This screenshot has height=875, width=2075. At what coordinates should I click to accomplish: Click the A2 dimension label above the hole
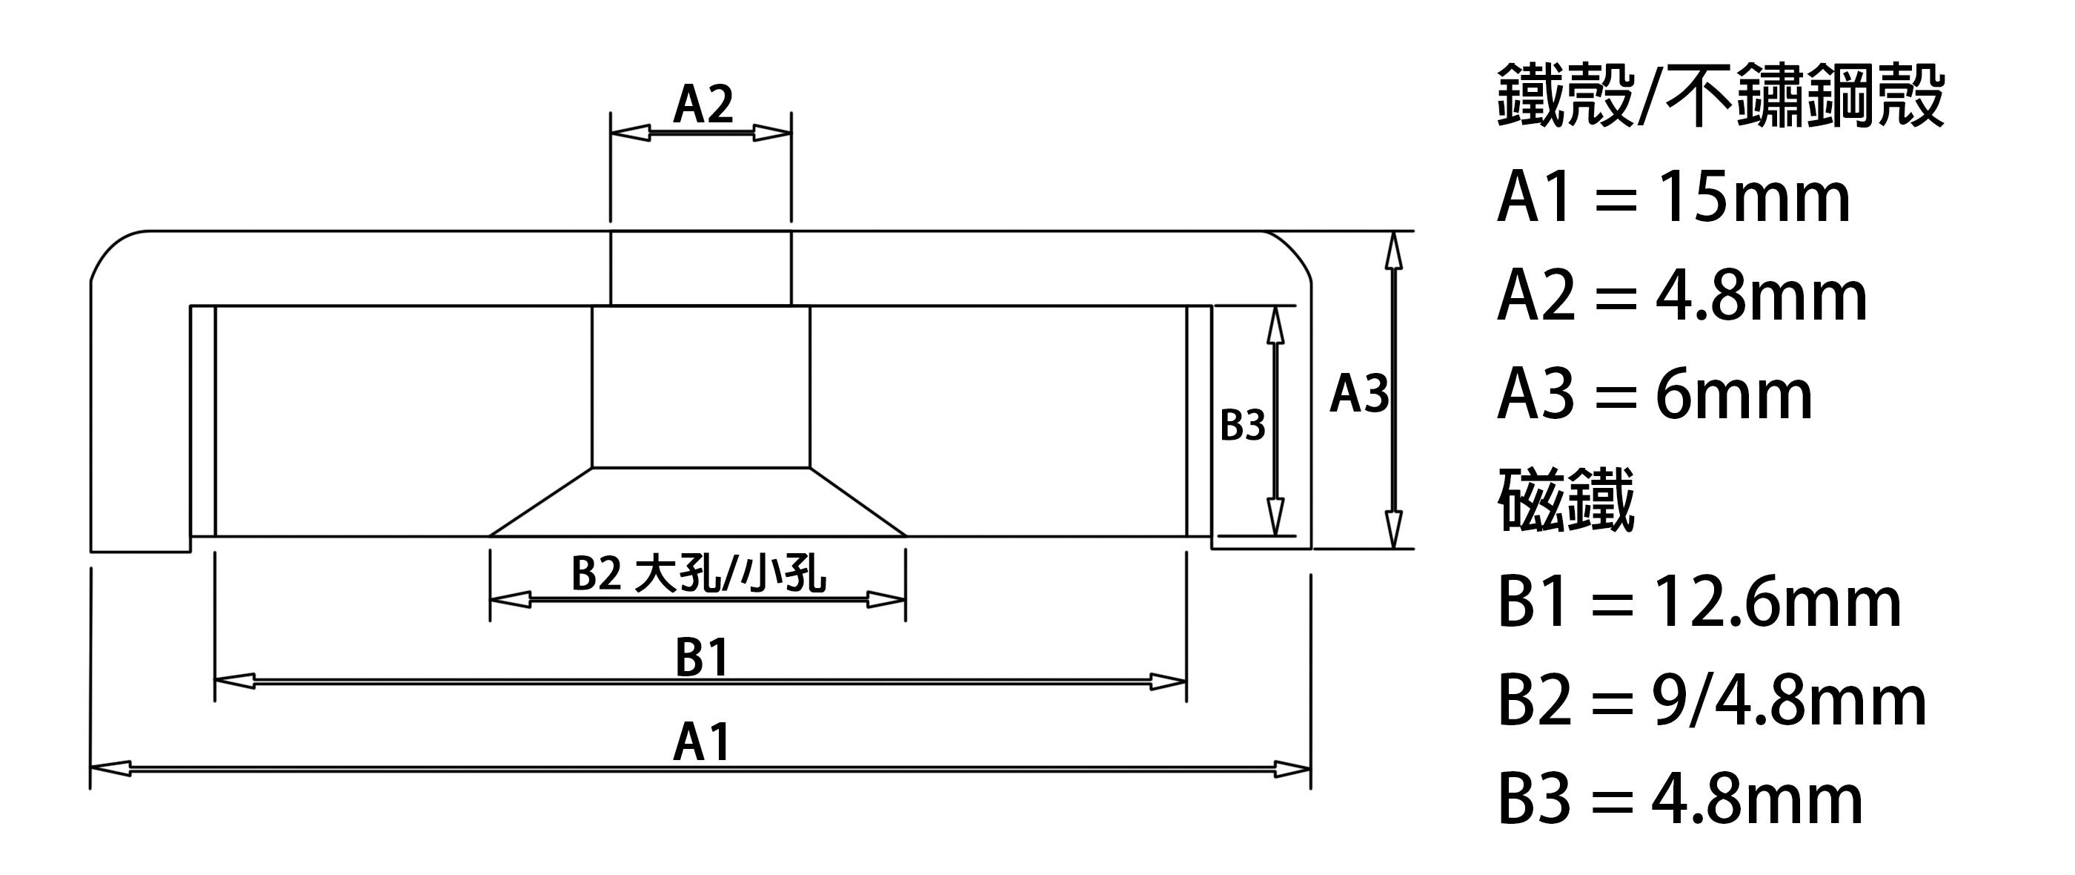click(703, 105)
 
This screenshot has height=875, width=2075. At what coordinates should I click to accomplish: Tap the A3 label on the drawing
click(1360, 394)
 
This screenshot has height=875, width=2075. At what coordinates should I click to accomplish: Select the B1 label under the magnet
click(703, 657)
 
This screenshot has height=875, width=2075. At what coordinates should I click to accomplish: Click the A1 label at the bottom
click(702, 742)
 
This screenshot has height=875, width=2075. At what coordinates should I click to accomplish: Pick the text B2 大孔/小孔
click(698, 575)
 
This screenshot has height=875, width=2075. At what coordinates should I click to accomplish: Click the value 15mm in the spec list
click(1754, 198)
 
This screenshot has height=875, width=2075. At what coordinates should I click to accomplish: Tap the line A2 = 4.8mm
click(1682, 297)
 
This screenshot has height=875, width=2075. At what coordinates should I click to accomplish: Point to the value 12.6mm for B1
click(1777, 602)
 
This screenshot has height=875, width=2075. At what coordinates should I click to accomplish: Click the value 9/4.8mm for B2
click(1789, 701)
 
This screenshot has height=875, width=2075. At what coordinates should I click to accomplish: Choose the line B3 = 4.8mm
click(1679, 799)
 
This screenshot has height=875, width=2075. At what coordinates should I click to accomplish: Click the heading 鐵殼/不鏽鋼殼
click(1721, 97)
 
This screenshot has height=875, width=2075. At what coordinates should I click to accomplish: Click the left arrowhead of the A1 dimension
click(110, 770)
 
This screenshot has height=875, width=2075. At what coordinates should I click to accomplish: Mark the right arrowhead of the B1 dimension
click(1166, 681)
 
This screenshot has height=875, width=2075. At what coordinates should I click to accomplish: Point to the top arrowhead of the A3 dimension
click(1393, 251)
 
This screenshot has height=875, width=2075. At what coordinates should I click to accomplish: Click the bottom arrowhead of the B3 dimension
click(1275, 515)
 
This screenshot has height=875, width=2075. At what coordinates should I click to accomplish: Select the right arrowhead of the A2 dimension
click(772, 133)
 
